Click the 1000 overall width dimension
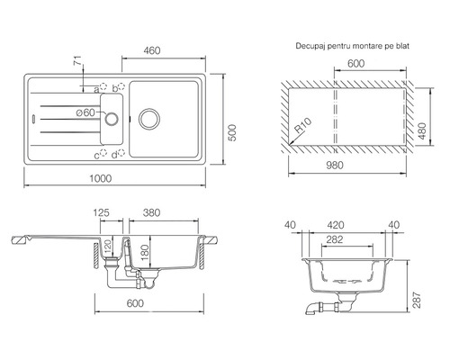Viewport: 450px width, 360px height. point(101,178)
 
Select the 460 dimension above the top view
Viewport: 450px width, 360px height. point(152,50)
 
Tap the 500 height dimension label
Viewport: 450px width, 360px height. point(232,132)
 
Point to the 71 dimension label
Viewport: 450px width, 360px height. point(77,60)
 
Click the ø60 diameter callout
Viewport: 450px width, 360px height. point(85,112)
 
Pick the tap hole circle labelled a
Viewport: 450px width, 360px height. point(103,86)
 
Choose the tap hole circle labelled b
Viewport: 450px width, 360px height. point(121,86)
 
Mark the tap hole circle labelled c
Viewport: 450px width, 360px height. point(103,153)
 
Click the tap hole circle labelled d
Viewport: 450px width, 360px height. point(121,153)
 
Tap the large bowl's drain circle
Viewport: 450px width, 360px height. point(149,119)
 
